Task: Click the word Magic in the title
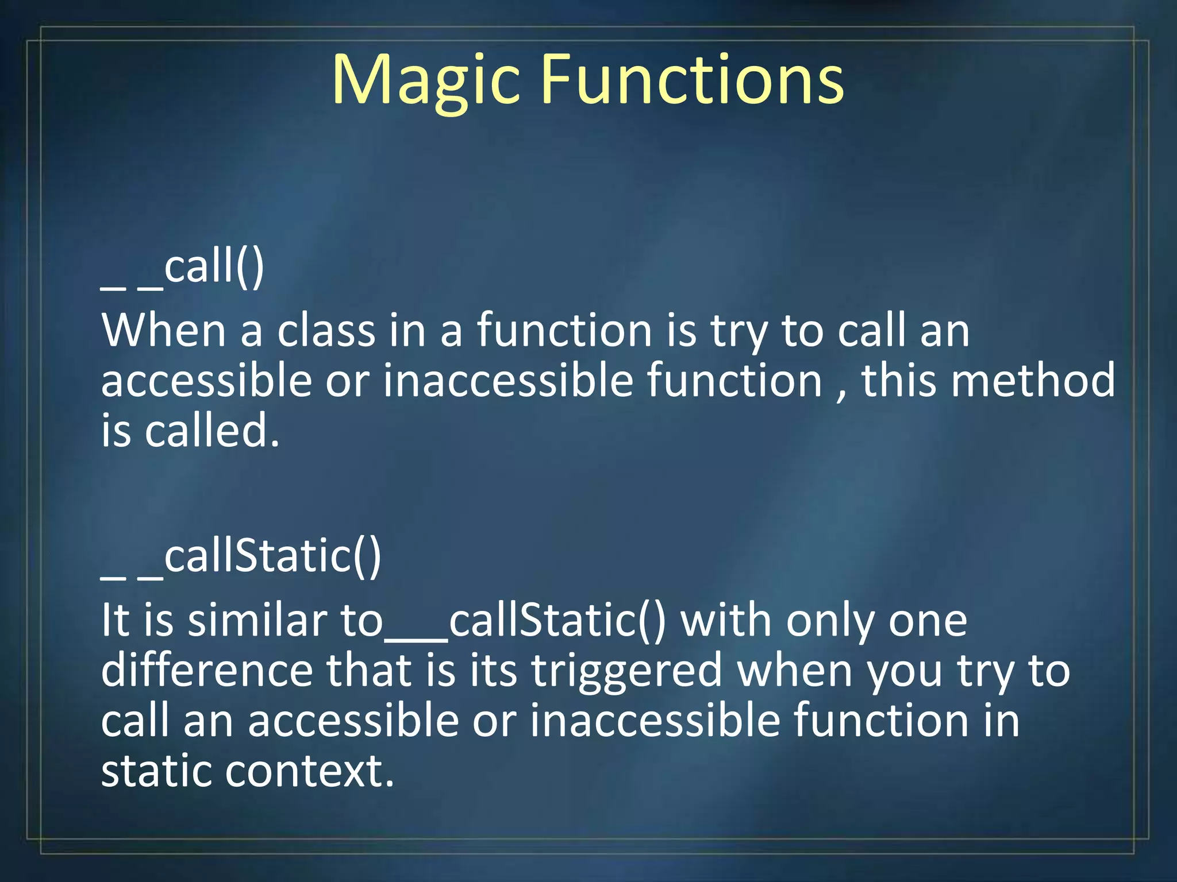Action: point(425,80)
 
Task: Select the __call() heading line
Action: point(183,268)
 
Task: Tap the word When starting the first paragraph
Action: point(164,331)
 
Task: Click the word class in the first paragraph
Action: point(326,331)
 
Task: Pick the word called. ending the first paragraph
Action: point(211,431)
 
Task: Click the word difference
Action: point(206,671)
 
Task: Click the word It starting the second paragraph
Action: point(114,621)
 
